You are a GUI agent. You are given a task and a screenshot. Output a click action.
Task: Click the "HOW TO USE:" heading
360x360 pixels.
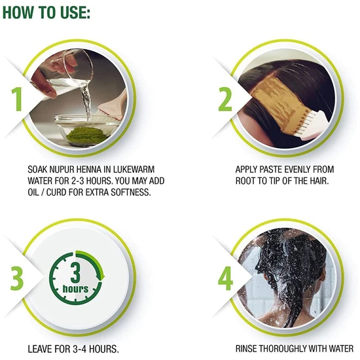click(x=46, y=12)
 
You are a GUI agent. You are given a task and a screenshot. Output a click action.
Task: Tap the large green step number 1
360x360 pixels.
click(x=17, y=99)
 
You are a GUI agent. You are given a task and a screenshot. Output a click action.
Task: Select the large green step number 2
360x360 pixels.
click(x=225, y=99)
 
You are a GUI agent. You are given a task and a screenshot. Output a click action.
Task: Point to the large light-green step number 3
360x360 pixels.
click(x=17, y=278)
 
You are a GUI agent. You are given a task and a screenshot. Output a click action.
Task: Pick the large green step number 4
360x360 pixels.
click(x=225, y=278)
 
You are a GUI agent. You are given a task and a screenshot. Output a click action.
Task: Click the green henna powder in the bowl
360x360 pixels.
click(x=87, y=135)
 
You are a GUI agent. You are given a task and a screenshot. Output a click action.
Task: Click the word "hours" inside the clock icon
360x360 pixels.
click(x=75, y=289)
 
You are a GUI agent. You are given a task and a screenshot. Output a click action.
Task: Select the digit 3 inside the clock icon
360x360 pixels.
click(x=75, y=273)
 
